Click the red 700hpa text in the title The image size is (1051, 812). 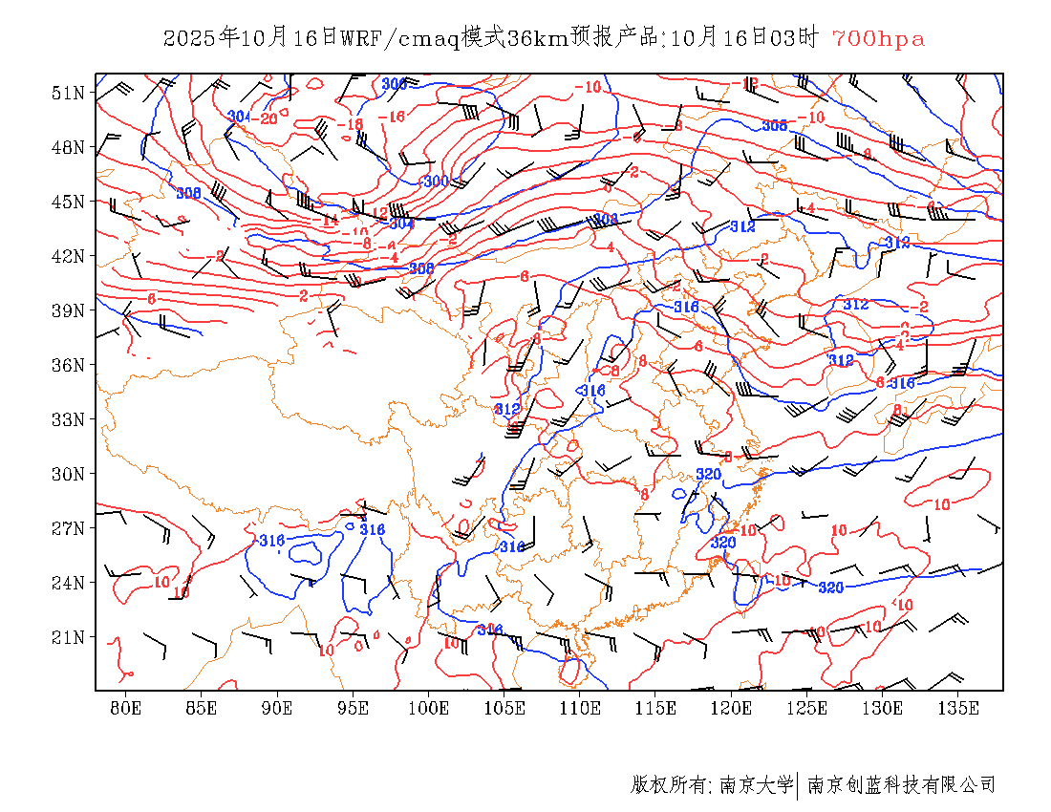point(879,39)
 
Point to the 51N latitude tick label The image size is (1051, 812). point(68,93)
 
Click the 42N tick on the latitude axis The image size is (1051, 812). point(68,256)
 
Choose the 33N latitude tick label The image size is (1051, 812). point(68,419)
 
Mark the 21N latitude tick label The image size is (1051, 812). point(68,637)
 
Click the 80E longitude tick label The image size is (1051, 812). point(125,708)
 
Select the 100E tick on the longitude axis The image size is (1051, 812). point(429,708)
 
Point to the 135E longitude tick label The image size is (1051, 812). point(958,708)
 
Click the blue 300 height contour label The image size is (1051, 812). point(435,181)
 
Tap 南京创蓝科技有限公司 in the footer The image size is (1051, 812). point(902,785)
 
